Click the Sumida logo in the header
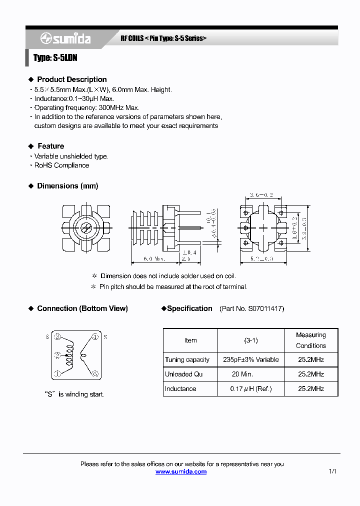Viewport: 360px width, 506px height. (x=65, y=38)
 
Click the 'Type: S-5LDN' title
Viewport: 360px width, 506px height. (x=55, y=58)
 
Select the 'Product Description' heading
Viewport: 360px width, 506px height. (x=71, y=79)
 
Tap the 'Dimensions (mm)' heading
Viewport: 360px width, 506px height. (x=67, y=186)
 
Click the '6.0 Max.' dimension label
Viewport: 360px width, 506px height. (x=153, y=259)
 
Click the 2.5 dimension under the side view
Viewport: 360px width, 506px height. (x=185, y=259)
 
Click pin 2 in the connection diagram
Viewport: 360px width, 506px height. (x=57, y=355)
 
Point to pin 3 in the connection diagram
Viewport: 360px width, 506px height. (x=57, y=336)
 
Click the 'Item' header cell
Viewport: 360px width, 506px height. (x=190, y=340)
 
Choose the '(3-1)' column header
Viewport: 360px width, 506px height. (x=250, y=340)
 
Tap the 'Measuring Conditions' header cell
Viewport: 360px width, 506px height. (x=310, y=340)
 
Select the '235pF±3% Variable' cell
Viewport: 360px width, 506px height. (x=250, y=360)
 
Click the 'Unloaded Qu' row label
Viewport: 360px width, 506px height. (x=183, y=374)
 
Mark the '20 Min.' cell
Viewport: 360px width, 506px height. (x=242, y=374)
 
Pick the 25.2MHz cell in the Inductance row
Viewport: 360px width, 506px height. (x=310, y=389)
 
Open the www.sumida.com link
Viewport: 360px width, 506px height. (x=180, y=472)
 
